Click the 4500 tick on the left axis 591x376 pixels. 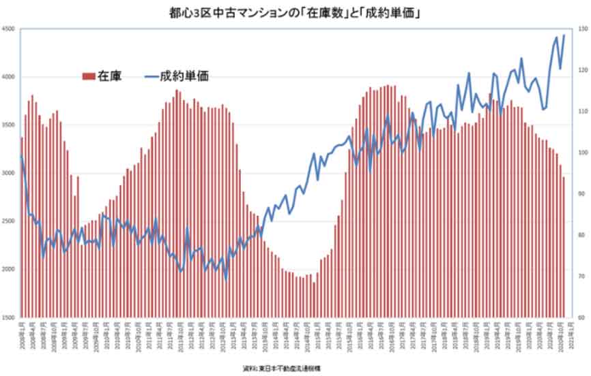coord(9,29)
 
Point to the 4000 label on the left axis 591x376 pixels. coord(9,77)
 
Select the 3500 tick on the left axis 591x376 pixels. coord(9,125)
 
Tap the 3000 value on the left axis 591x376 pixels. coord(9,173)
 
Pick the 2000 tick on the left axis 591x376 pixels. coord(9,270)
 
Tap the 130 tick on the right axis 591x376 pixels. coord(580,29)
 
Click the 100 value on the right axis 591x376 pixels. coord(580,153)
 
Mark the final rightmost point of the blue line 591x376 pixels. coord(564,35)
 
